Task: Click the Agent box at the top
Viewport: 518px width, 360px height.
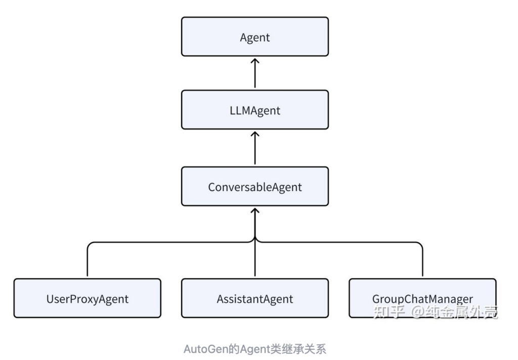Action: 255,36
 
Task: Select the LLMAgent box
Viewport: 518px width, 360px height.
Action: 255,110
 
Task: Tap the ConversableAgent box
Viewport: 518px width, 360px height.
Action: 255,186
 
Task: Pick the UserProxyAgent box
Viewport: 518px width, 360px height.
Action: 87,298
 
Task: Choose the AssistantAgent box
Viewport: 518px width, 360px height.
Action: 255,298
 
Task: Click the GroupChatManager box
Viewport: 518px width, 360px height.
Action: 422,298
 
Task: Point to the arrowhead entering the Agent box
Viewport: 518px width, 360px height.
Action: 255,61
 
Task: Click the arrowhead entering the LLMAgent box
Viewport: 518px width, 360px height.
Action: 255,135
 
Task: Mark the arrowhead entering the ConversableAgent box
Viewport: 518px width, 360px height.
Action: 255,211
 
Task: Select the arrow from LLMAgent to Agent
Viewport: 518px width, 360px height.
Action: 255,73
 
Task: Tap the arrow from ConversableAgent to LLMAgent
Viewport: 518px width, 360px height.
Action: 255,148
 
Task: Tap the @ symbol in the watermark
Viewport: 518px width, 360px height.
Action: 417,311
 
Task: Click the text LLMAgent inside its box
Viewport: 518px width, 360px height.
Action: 255,110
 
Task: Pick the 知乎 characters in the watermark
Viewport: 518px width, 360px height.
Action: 389,311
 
